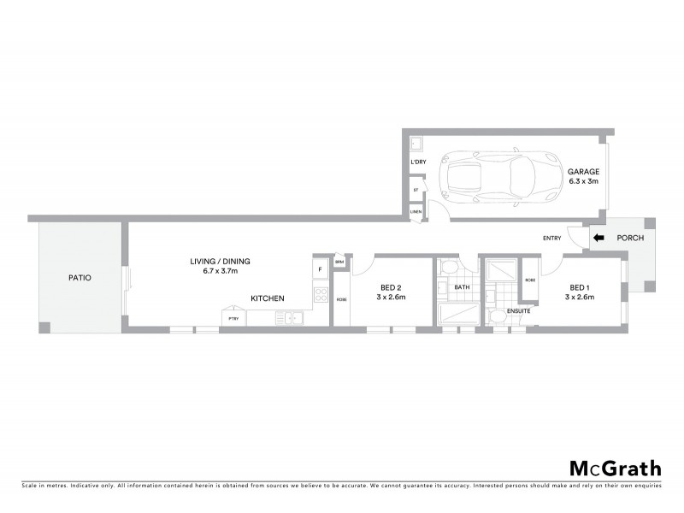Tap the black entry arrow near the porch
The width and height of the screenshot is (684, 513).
point(598,239)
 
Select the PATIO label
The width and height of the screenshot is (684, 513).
point(80,278)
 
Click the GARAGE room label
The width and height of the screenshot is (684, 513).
point(584,171)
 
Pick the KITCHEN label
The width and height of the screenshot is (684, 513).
point(267,298)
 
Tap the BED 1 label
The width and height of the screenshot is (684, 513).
point(578,288)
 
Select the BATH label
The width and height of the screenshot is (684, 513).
point(462,287)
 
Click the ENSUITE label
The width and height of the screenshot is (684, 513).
point(518,310)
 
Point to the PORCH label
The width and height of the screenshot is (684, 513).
point(629,239)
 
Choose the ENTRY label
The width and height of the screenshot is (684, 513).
point(551,239)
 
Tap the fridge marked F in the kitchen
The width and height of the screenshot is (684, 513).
point(320,270)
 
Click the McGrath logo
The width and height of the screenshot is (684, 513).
point(615,468)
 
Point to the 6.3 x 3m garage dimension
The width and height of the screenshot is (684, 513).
point(584,181)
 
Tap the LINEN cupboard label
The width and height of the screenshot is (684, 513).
point(416,211)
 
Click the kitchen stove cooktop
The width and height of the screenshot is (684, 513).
point(320,295)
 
